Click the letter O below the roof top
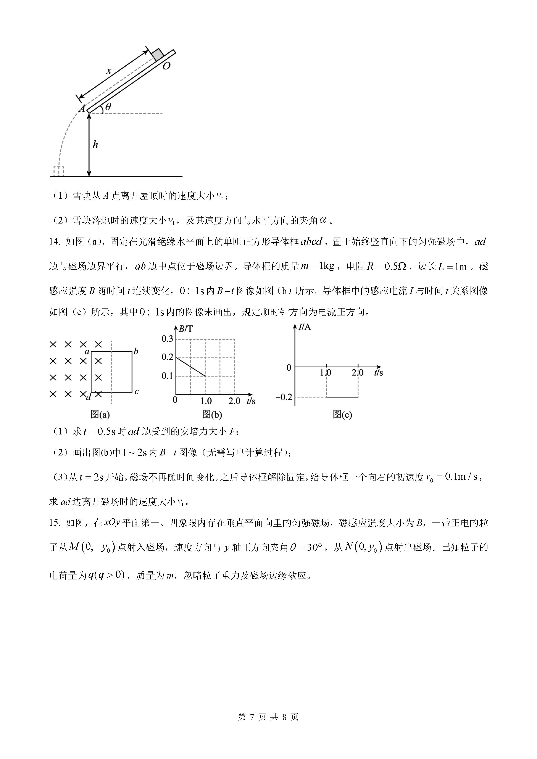coord(166,66)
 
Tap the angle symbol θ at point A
coord(108,107)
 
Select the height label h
coord(95,145)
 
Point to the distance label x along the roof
coord(108,70)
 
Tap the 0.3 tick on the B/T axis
coord(167,339)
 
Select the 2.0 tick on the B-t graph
coord(234,401)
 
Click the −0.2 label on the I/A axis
coord(284,397)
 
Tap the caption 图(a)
coord(100,415)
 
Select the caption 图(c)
coord(342,415)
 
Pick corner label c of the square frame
coord(136,392)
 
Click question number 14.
coord(54,242)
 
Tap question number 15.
coord(54,523)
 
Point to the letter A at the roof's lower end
coord(82,108)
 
